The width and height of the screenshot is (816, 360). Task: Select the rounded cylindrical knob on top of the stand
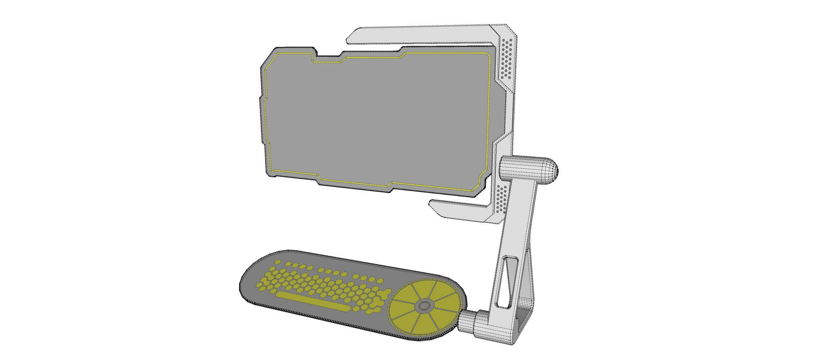click(x=530, y=169)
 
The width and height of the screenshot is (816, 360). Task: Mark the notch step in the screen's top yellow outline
click(x=343, y=60)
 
